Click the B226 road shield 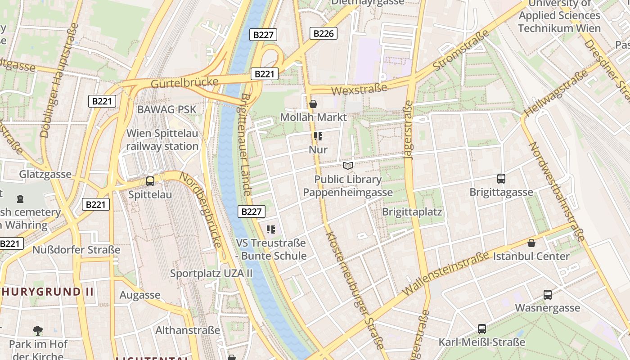coord(324,33)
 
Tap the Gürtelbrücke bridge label coord(184,83)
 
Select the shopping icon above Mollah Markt coord(313,104)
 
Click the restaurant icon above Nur coord(318,136)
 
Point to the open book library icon coord(347,166)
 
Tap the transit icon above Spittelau coord(150,181)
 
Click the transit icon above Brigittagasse coord(501,179)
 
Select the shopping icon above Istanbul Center coord(531,243)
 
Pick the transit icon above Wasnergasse coord(547,295)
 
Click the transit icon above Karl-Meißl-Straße coord(481,328)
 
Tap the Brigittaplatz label coord(412,211)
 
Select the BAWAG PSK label coord(167,109)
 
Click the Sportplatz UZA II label coord(211,273)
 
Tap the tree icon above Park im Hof coord(38,331)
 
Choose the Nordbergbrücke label coord(201,210)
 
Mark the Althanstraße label coord(188,330)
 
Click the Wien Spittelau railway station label coord(162,139)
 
